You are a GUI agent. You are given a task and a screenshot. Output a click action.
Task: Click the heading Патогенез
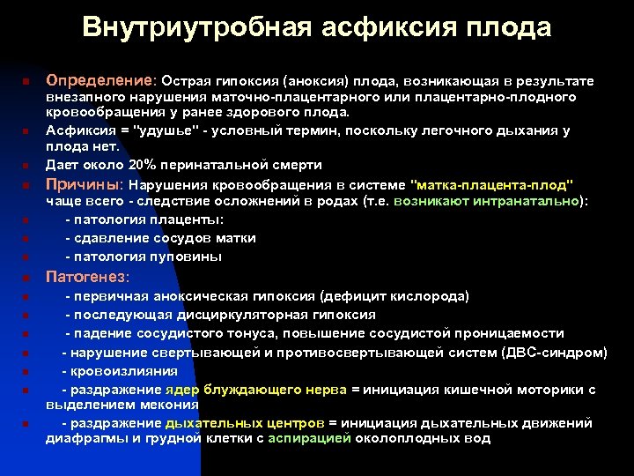coord(86,277)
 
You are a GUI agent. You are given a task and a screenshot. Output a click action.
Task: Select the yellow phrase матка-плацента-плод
coord(492,185)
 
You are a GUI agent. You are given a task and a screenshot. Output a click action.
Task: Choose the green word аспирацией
coord(309,438)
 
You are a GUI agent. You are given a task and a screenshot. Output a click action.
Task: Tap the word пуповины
coord(191,257)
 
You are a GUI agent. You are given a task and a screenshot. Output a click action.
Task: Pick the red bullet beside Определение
coord(28,82)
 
